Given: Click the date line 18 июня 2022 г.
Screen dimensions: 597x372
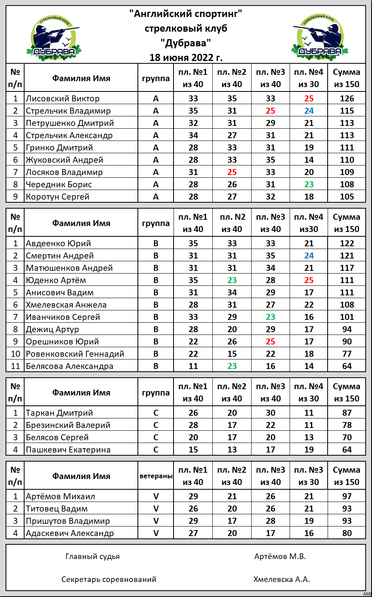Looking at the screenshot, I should (x=186, y=57).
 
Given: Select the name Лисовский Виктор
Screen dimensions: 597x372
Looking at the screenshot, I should (x=63, y=99).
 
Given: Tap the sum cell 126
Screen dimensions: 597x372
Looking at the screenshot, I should (x=347, y=99).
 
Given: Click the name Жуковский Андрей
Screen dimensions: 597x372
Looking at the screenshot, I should (x=65, y=160).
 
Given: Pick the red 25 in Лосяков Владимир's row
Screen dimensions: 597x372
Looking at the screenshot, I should (x=232, y=172).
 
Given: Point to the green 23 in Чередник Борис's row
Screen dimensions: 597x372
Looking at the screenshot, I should (x=309, y=184).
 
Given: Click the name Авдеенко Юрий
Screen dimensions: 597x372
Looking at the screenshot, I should (x=58, y=243).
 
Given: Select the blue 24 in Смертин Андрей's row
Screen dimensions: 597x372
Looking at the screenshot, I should (x=309, y=256).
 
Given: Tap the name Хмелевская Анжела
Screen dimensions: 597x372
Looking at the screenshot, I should (x=66, y=305).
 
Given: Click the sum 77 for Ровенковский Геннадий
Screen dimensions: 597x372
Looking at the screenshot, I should (x=347, y=354).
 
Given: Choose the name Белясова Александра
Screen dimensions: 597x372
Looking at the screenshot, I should (x=69, y=366).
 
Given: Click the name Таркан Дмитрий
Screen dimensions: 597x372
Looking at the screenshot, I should (x=59, y=413).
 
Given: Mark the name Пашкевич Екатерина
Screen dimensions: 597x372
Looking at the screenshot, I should (x=68, y=450).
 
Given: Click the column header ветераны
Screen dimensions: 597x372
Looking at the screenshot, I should (x=156, y=476).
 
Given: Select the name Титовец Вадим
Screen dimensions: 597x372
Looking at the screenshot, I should (x=57, y=509).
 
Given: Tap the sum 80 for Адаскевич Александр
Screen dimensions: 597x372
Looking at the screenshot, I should (x=347, y=533).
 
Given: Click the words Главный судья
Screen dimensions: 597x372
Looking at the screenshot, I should (x=92, y=557).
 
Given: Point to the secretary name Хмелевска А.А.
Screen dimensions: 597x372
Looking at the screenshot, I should (x=282, y=580).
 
